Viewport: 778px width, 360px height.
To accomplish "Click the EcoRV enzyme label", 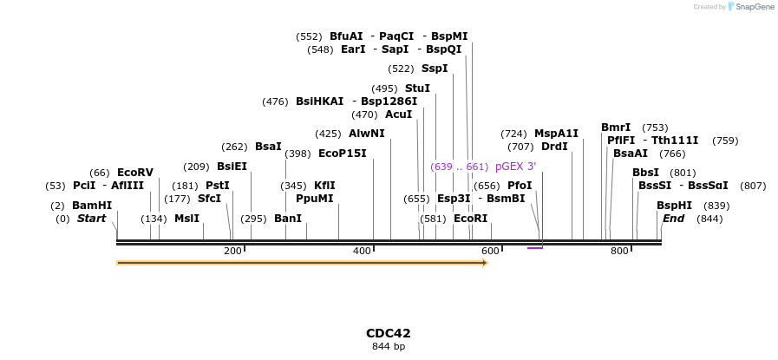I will coord(134,173).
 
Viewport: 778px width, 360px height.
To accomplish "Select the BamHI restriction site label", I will coord(92,206).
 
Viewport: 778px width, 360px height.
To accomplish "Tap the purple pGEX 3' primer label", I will coord(515,167).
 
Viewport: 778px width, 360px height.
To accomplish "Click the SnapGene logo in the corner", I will coord(751,7).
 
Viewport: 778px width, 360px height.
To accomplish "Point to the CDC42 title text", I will coord(388,333).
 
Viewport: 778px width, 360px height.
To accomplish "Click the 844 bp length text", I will coord(388,347).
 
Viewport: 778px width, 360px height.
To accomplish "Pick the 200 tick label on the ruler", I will coord(232,252).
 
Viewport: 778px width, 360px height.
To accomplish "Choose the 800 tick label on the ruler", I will coord(619,252).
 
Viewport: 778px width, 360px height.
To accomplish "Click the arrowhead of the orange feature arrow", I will coord(485,262).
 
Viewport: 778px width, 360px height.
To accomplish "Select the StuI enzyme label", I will coord(417,88).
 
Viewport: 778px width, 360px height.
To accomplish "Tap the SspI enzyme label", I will coord(435,69).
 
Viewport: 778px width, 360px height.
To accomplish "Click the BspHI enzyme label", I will coord(674,206).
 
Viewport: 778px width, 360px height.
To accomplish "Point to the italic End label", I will coord(673,219).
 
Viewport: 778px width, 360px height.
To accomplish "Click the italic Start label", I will coord(91,219).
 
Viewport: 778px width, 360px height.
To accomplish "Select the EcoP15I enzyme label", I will coord(343,154).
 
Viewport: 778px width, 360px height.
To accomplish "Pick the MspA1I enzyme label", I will coord(556,134).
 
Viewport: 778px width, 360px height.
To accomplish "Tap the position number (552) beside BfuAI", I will coord(309,36).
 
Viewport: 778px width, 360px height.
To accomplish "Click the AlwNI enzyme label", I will coord(367,134).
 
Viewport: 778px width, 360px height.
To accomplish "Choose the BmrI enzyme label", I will coord(616,128).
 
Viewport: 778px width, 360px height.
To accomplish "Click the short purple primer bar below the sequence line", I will coord(535,248).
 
